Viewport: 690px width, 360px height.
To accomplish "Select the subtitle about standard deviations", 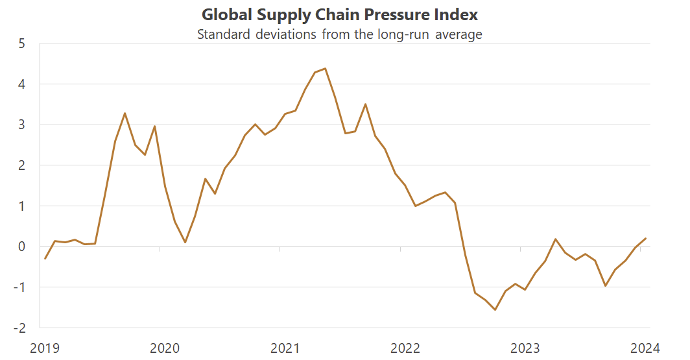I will pos(339,34).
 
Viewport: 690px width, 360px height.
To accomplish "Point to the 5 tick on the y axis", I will pos(21,44).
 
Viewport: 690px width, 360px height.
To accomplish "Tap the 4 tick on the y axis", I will pos(21,84).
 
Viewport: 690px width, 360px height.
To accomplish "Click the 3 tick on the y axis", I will pos(21,125).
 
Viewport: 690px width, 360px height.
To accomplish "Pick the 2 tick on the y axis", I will pos(21,165).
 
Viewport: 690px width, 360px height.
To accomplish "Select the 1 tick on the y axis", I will pos(21,206).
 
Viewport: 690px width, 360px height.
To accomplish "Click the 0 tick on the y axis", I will pos(21,246).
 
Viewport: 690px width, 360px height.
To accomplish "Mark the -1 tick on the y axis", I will pos(19,287).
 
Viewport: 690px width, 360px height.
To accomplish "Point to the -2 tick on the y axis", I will pos(19,328).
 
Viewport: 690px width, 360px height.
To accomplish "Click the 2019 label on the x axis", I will pos(44,348).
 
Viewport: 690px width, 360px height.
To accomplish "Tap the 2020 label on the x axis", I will pos(165,348).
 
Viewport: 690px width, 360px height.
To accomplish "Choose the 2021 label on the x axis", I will pos(285,348).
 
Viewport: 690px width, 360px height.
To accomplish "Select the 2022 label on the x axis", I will pos(405,348).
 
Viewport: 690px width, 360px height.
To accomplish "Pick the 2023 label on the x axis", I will pos(525,348).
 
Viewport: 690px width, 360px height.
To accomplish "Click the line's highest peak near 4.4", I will pos(325,68).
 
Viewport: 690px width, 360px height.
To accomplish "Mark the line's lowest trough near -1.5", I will pos(495,309).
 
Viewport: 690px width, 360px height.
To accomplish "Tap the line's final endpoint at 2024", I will pos(646,239).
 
